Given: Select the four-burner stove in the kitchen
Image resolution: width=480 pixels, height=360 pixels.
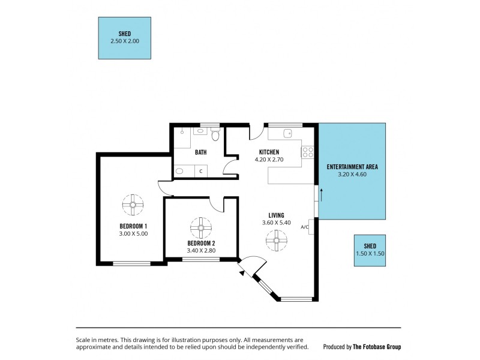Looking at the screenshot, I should coord(308,152).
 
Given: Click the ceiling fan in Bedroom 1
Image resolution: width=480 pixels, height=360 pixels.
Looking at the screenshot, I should coord(132,204).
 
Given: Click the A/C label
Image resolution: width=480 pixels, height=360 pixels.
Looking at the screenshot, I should coord(304,227).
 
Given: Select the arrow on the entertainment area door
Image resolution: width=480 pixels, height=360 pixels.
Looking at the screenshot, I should coord(322,194).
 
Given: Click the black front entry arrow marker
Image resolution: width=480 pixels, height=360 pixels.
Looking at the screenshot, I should coord(242,272).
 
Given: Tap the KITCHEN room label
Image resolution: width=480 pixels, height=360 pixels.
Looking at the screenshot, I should coord(269,152).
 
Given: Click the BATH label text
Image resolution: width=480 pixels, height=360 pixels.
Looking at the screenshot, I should coord(200,152).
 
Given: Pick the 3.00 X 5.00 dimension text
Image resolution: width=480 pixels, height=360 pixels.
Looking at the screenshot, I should coord(133,234).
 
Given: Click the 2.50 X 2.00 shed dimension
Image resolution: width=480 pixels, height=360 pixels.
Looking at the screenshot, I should coord(124,41).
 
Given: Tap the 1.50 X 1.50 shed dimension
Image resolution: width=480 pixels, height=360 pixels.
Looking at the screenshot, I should coord(370,254).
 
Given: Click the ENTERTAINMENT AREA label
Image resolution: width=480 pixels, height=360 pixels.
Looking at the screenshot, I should coord(352,167).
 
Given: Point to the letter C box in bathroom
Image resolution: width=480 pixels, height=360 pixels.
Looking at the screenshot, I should coord(201,171).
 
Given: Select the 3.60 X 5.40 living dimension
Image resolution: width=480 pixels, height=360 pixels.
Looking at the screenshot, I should coord(277,223).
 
